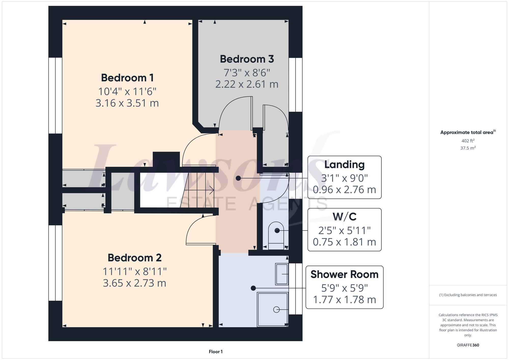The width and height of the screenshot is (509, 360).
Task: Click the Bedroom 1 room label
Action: [127, 78]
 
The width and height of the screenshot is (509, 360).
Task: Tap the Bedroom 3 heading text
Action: [247, 59]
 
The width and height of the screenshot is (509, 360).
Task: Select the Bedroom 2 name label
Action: [134, 258]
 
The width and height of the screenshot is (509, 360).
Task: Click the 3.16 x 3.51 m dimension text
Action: [127, 103]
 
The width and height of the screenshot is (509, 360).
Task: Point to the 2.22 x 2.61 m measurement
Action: [247, 84]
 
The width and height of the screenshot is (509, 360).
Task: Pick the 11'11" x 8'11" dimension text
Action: [134, 271]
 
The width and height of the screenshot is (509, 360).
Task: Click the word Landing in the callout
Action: [344, 165]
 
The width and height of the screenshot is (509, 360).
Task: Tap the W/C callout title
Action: [344, 217]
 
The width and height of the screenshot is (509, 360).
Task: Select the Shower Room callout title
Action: [344, 275]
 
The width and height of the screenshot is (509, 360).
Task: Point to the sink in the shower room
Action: [282, 274]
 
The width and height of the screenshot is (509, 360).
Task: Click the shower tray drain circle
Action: [276, 310]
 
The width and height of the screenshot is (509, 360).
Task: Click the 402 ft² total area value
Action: [468, 141]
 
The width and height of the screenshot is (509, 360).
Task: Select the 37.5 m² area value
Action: [468, 148]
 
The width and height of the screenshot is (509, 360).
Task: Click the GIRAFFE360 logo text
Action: [468, 345]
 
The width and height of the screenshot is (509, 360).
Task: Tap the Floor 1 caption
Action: [216, 352]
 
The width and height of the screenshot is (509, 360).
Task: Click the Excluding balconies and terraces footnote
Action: [468, 295]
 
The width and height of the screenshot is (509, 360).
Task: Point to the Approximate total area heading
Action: [467, 132]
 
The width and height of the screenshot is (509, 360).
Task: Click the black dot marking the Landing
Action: [238, 178]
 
